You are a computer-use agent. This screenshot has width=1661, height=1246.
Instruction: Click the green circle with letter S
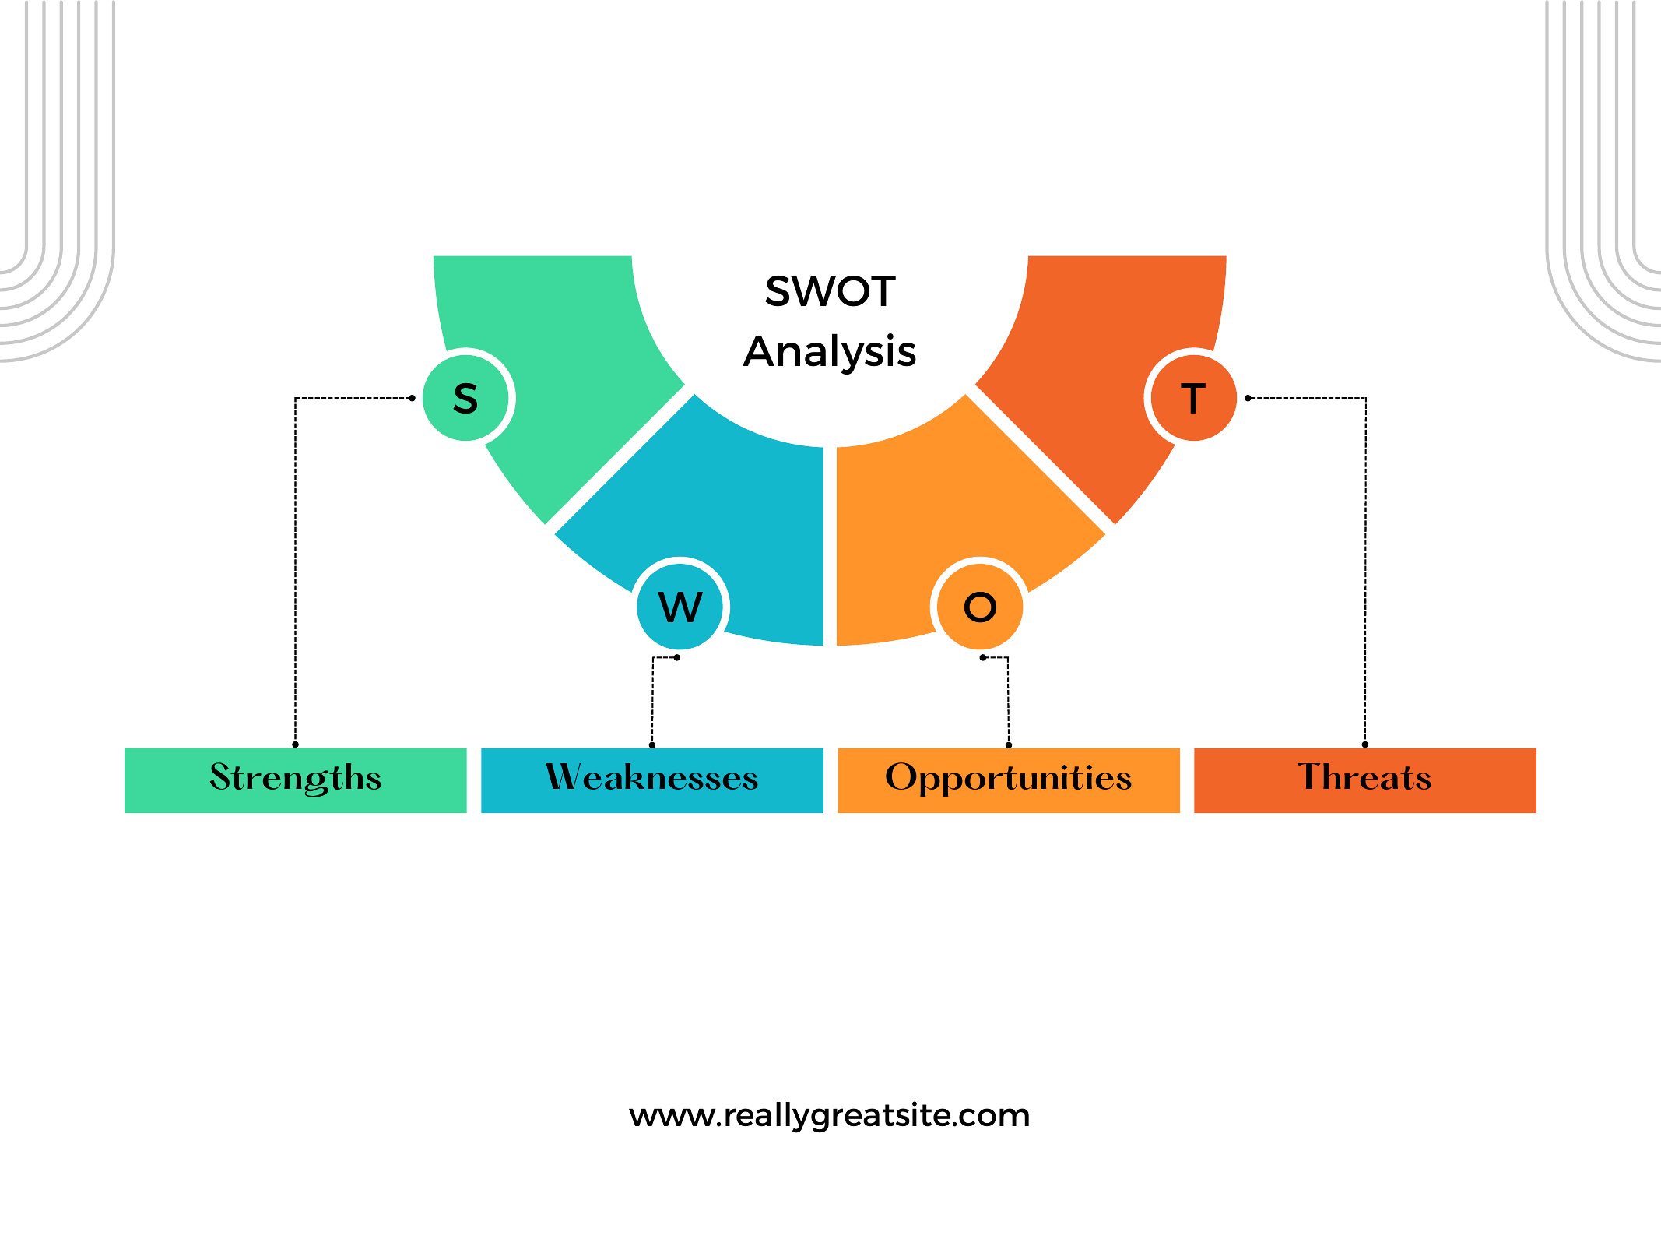pos(465,398)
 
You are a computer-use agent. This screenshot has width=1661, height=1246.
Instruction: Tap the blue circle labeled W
pos(680,607)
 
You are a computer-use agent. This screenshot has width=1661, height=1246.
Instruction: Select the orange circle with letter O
pos(980,607)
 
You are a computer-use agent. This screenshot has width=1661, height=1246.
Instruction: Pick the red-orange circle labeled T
pos(1193,398)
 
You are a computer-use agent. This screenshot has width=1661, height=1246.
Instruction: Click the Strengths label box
pos(296,780)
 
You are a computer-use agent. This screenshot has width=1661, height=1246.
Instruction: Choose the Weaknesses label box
pos(652,780)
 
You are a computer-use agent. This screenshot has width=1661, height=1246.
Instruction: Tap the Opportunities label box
pos(1009,780)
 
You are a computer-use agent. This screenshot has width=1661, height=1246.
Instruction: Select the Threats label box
pos(1365,780)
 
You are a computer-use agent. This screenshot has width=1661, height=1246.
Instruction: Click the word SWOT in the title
pos(830,291)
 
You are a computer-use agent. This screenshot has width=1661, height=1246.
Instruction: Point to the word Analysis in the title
pos(830,352)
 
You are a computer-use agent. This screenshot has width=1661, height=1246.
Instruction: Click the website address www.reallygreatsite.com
pos(830,1115)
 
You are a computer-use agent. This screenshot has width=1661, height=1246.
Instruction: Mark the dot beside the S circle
pos(412,398)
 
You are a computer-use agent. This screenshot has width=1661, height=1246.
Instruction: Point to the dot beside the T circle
pos(1248,398)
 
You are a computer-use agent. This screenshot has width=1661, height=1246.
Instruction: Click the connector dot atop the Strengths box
pos(295,744)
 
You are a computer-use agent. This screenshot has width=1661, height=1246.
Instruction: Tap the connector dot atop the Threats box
pos(1365,744)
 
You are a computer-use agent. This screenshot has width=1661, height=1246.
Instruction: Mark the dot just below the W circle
pos(677,658)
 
